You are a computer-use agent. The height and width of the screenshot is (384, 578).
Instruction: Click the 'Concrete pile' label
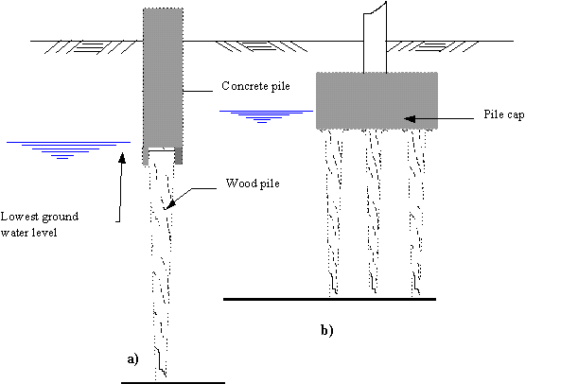255,86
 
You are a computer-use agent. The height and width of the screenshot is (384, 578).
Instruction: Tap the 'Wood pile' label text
253,183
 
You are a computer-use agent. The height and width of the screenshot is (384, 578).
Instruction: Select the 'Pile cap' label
504,114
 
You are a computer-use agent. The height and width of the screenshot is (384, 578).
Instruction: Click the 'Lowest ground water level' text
40,224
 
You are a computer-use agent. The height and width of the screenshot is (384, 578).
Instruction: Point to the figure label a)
132,359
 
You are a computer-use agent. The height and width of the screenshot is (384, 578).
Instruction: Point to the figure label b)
327,330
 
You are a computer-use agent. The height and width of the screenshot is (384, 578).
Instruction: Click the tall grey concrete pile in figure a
163,79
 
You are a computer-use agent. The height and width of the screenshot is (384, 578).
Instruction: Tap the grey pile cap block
377,100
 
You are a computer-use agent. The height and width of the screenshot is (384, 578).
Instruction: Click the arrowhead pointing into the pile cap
410,118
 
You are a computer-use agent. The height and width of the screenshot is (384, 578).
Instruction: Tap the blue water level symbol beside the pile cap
266,116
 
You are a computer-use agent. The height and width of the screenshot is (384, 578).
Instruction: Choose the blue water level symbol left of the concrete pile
68,150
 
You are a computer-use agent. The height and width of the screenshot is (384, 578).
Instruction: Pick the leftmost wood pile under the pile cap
334,212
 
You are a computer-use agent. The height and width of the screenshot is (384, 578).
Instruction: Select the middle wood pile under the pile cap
373,211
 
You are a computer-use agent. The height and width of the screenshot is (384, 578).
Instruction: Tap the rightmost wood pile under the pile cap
416,212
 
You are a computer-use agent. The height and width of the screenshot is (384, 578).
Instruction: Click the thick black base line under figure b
329,299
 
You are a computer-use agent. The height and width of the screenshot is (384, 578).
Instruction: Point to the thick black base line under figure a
173,383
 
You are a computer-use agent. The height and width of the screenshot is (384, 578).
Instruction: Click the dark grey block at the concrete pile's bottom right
179,156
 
